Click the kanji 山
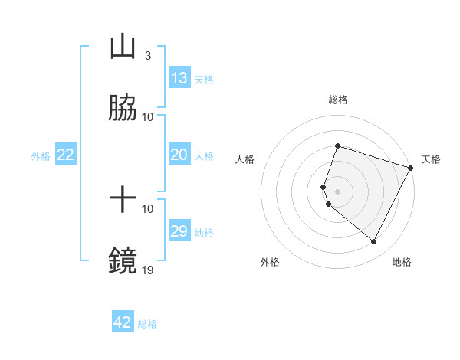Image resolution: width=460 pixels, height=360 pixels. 123,47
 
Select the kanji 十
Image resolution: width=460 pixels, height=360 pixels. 123,201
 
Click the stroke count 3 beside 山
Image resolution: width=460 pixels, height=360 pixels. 147,56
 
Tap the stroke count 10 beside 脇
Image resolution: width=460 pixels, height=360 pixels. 148,116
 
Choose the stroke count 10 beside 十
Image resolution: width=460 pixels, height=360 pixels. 148,208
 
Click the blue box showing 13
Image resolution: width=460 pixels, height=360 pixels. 179,78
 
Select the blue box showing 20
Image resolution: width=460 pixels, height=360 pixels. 179,155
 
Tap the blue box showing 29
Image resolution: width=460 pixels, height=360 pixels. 179,231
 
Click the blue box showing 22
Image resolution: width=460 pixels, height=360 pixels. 66,155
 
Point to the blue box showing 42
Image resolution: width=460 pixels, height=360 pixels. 123,322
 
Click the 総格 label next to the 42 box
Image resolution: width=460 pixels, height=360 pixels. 147,324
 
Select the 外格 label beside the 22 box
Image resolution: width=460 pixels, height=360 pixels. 41,156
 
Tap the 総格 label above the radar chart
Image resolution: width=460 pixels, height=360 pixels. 337,100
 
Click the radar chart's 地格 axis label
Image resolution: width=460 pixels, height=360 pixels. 402,262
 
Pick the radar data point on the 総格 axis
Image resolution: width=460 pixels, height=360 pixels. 337,146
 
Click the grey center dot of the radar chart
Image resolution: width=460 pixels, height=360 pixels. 337,191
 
